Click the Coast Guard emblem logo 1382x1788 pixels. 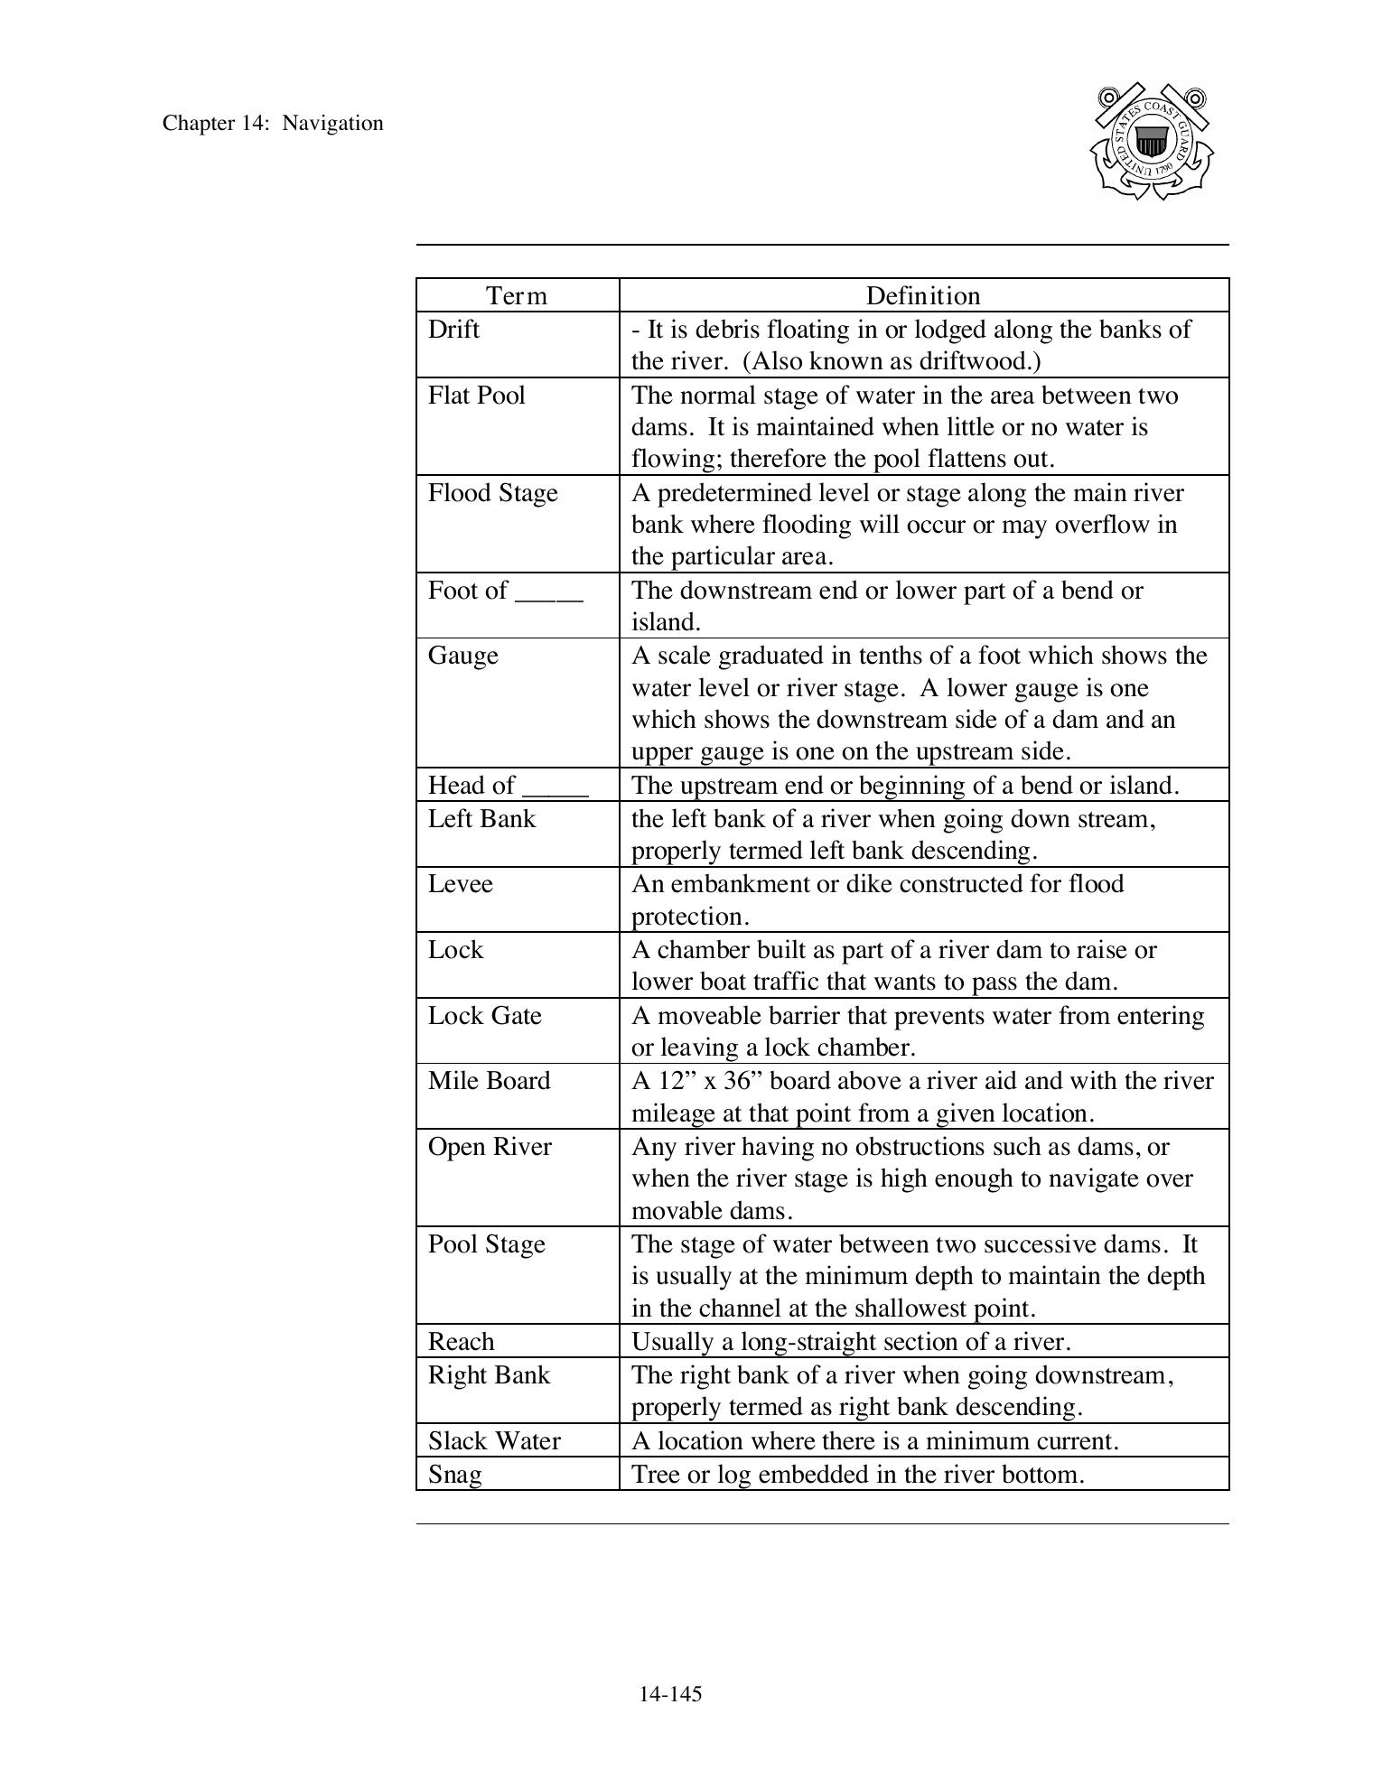1152,142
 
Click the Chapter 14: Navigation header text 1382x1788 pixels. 273,124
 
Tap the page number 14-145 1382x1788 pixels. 670,1694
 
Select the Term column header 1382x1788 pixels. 517,296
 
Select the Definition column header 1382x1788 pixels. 922,296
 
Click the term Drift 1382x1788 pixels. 453,329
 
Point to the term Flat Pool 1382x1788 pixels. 476,396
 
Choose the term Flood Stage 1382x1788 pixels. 492,493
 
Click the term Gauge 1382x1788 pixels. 462,656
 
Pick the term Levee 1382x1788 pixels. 460,883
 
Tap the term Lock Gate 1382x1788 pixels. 484,1016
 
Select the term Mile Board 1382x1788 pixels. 489,1081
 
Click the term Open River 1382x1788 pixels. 490,1147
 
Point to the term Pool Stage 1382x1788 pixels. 486,1244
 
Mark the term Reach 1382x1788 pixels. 461,1342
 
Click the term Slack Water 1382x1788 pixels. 494,1440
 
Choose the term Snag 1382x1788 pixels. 454,1475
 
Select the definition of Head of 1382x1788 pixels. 905,786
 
